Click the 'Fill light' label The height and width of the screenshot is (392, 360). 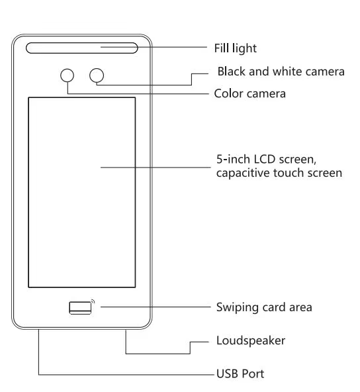[x=236, y=48]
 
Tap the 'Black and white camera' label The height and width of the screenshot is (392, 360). [x=281, y=72]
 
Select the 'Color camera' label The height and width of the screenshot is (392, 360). [x=250, y=93]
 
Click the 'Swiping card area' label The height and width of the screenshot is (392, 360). [x=264, y=307]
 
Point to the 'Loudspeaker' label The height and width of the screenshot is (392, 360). [x=251, y=341]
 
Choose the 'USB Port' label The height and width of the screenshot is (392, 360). [x=240, y=373]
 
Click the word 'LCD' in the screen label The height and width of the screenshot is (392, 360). [x=265, y=159]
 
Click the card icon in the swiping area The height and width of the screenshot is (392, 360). [x=80, y=308]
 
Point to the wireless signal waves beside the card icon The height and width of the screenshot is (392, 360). [x=93, y=302]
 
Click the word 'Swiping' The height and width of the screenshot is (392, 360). [x=238, y=307]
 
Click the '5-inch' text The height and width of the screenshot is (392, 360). [x=234, y=159]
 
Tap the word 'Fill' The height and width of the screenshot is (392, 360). [x=220, y=48]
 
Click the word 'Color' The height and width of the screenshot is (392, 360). [x=228, y=93]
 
